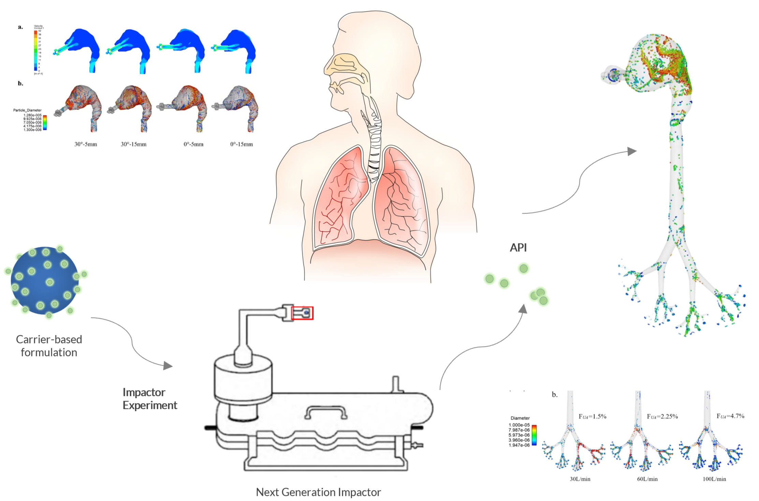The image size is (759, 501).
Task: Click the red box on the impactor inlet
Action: [x=302, y=313]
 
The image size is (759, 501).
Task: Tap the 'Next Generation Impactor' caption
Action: [x=318, y=492]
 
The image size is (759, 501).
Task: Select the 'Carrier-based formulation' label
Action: [x=49, y=345]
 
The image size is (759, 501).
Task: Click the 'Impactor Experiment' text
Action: [x=149, y=398]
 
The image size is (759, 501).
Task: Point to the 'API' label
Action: [x=518, y=247]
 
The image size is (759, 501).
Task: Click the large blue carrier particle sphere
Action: [x=44, y=280]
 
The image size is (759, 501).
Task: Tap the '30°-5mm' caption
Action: [x=86, y=144]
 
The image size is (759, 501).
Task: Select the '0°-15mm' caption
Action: [x=242, y=144]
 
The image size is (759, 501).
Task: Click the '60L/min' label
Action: [x=647, y=479]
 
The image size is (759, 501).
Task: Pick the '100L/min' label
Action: [x=714, y=479]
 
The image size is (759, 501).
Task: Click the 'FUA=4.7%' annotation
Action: [x=730, y=416]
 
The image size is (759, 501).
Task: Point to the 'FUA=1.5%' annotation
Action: [x=592, y=416]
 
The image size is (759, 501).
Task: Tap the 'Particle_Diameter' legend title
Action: [x=27, y=110]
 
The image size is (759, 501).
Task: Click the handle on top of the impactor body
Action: [x=325, y=412]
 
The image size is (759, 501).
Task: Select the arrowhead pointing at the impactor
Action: [x=168, y=366]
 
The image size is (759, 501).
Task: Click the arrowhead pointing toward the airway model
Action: [x=632, y=151]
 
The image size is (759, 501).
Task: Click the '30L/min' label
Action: [x=580, y=479]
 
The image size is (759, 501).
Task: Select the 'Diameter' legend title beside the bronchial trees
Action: [x=520, y=418]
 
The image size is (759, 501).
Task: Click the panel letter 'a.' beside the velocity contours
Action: [x=20, y=27]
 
